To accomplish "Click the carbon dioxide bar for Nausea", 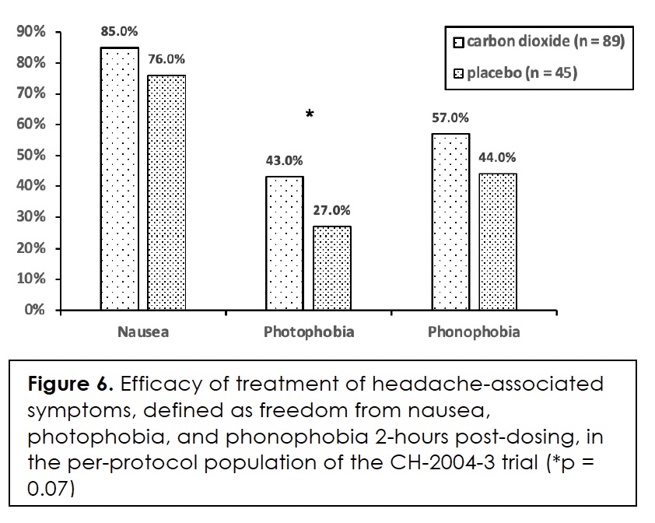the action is tap(120, 179).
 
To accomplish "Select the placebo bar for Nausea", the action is tap(166, 193).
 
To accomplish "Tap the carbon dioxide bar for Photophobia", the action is tap(285, 244).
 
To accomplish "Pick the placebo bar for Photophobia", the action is tap(332, 269).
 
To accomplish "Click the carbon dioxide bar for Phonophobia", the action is tap(450, 222).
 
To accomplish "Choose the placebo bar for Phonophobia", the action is tap(498, 242).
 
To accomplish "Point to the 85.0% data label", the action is tap(119, 31).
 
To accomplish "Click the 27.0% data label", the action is tap(331, 210).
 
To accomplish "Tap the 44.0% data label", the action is tap(497, 158).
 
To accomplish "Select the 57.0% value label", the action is tap(450, 118).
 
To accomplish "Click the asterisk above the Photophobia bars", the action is tap(310, 114).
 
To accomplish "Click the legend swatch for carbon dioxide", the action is tap(459, 43).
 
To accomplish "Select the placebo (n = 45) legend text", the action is tap(522, 73).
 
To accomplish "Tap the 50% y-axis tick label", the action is tap(31, 155).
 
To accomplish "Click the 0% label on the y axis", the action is tap(35, 310).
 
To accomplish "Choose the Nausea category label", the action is tap(143, 332).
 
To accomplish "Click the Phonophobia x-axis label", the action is tap(474, 332).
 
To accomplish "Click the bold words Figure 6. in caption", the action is tap(71, 384).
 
